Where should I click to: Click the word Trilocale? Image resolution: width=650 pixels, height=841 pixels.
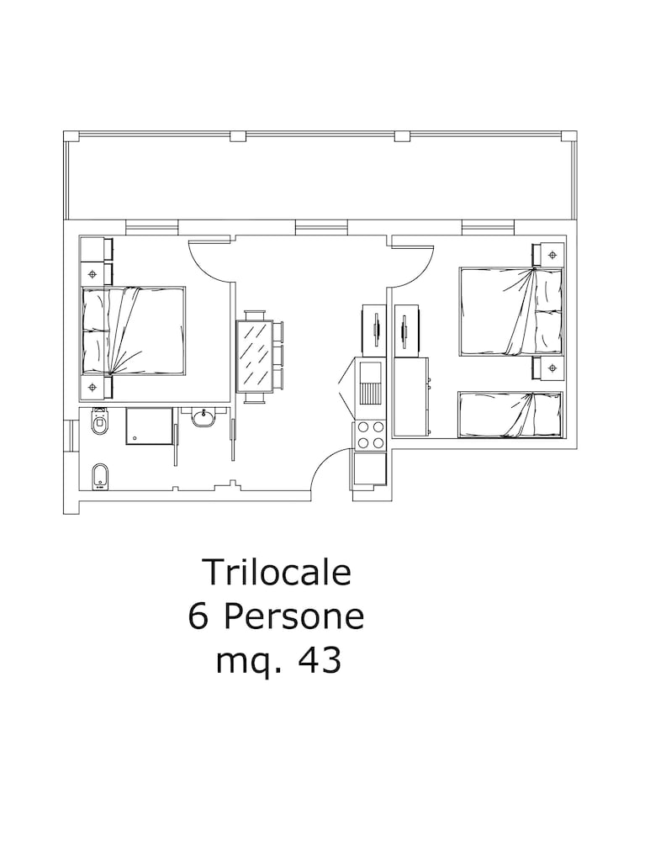tap(276, 572)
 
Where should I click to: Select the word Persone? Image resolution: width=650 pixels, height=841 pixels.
tap(294, 616)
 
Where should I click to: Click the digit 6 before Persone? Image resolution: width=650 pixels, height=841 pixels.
tap(198, 616)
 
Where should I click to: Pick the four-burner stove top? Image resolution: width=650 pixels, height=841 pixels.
tap(369, 435)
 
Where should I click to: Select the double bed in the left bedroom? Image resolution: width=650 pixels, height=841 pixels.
tap(133, 331)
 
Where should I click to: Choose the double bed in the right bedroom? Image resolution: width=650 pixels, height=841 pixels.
tap(511, 312)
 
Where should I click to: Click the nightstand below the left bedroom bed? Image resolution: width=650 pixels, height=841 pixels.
tap(96, 387)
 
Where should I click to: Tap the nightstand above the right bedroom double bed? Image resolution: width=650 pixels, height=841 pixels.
tap(548, 254)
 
